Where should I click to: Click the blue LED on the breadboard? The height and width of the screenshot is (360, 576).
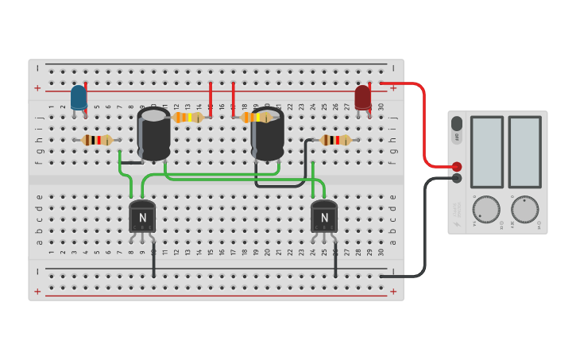(79, 98)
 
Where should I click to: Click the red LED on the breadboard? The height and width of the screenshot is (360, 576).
(362, 97)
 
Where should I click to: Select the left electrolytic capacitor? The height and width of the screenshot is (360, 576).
(153, 134)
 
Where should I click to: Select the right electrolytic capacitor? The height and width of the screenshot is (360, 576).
(268, 134)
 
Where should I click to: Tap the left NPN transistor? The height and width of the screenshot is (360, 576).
(142, 216)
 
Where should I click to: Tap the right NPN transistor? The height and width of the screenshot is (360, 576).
(323, 216)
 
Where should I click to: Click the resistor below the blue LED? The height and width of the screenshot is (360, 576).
(97, 140)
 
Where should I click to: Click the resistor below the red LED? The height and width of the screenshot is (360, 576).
(334, 140)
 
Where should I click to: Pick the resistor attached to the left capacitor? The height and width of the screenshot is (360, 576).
(187, 118)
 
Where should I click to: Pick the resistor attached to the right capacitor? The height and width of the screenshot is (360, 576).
(255, 118)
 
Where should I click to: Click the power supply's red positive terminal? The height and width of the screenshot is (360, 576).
(457, 166)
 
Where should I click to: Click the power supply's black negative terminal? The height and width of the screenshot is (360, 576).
(457, 178)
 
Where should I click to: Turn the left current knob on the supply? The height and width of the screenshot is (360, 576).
(486, 210)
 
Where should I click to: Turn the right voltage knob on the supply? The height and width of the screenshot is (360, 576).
(524, 210)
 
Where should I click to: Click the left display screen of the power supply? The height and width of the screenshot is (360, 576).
(486, 152)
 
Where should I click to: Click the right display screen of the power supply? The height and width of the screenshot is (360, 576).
(524, 152)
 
